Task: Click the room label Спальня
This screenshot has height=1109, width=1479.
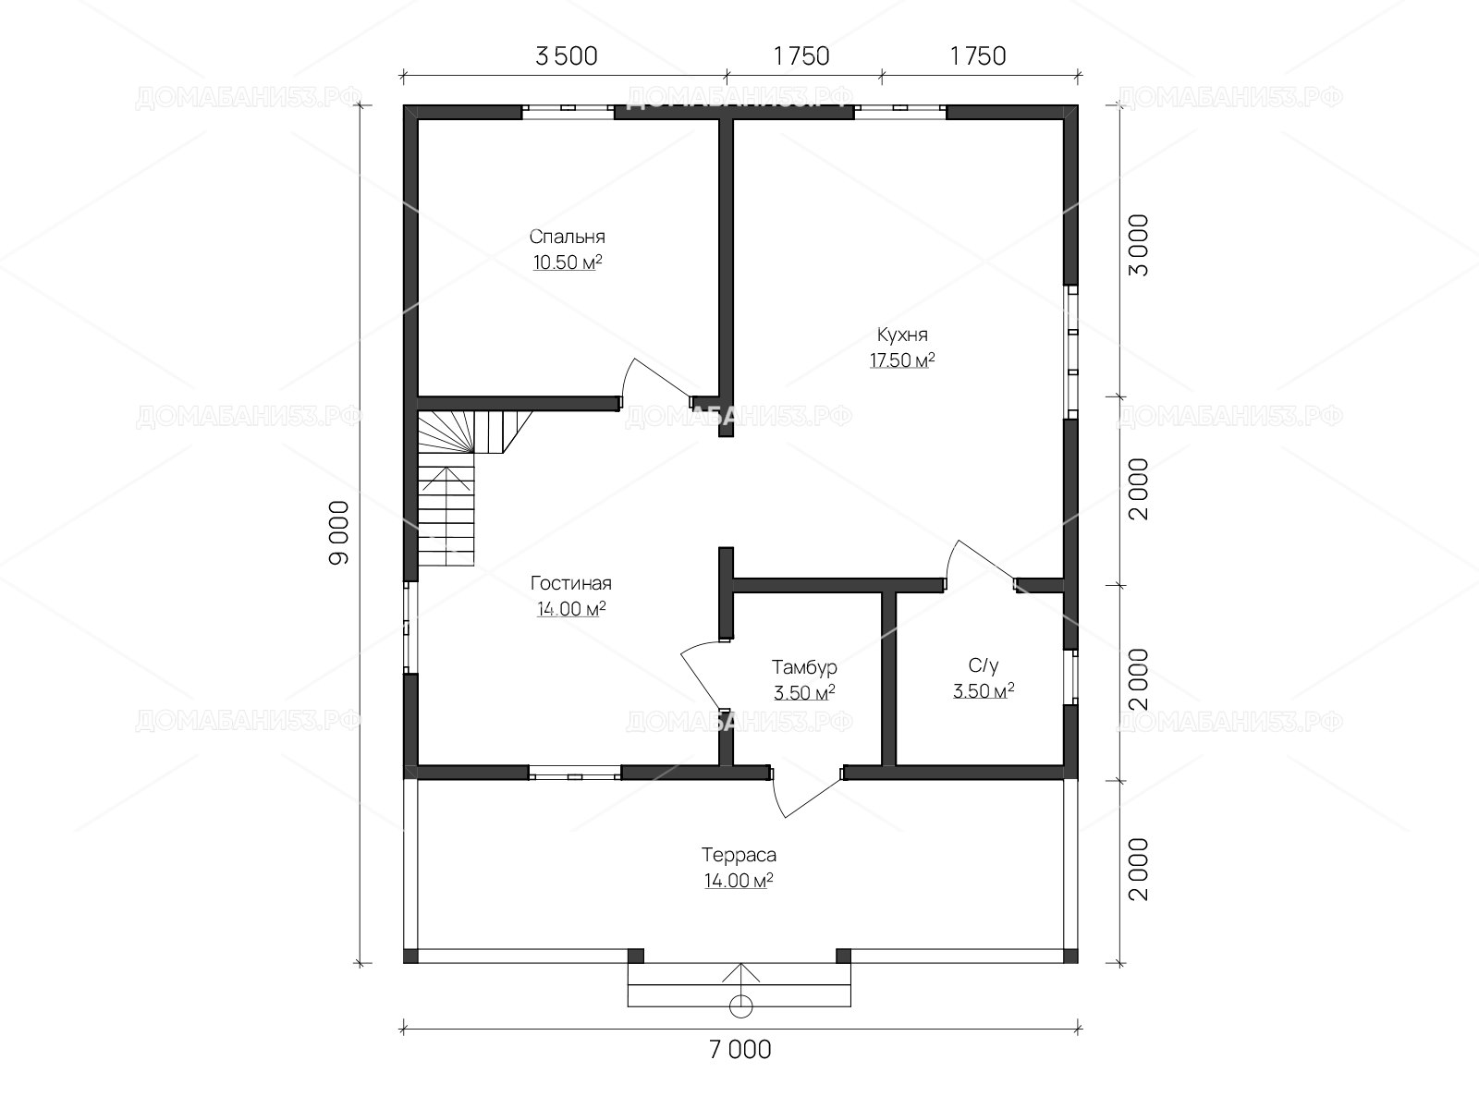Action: coord(567,237)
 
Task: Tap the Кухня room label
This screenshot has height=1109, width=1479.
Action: coord(902,335)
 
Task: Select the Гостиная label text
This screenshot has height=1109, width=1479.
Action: coord(570,583)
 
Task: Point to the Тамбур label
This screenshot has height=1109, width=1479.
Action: coord(804,667)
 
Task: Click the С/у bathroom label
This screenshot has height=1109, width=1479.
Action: coord(984,666)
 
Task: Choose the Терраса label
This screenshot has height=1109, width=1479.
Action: coord(739,855)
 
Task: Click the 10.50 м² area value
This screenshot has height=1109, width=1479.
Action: coord(568,262)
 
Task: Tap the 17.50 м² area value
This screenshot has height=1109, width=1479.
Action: coord(902,360)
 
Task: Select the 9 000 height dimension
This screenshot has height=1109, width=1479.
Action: coord(339,532)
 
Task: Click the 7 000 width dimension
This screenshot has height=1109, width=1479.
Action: coord(739,1050)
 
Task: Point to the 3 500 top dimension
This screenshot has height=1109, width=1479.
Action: coord(566,56)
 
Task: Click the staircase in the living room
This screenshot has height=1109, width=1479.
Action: coord(465,488)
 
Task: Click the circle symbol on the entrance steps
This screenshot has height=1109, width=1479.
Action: coord(740,1006)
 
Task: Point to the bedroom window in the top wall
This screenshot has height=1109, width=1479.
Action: coord(568,112)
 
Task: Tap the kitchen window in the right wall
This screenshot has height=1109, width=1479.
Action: coord(1070,352)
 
